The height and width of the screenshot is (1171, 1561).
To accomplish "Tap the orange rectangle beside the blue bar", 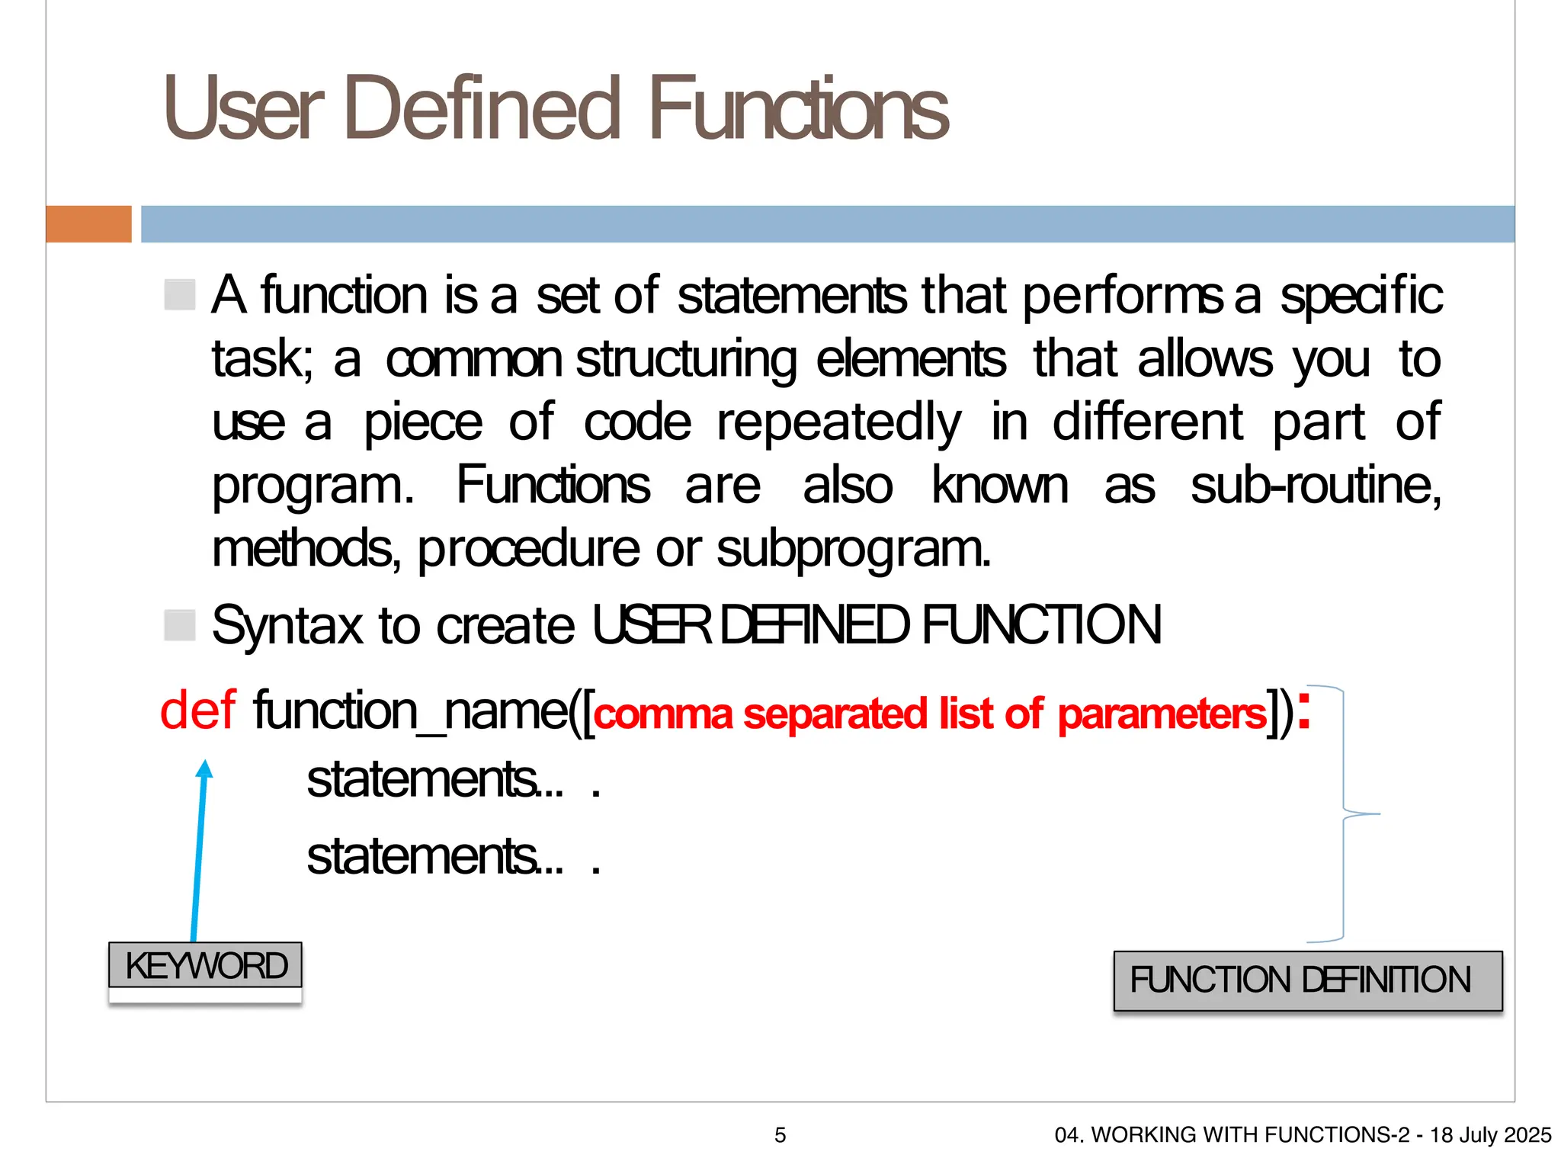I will (x=88, y=224).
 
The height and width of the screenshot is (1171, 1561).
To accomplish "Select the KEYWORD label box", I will (x=205, y=965).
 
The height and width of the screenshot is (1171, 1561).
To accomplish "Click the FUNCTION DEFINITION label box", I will (x=1307, y=980).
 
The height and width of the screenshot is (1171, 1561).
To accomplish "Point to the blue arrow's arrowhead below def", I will (x=204, y=768).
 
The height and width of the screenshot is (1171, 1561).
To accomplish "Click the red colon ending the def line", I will (x=1304, y=711).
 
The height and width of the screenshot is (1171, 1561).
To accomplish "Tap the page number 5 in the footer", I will (x=780, y=1135).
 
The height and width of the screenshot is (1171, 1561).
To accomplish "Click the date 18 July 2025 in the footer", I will (x=1490, y=1135).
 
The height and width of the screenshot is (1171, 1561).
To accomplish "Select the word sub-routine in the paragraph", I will (x=1315, y=486).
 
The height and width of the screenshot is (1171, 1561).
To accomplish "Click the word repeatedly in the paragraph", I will (x=839, y=422).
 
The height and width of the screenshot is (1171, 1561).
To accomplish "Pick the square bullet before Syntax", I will (x=180, y=625).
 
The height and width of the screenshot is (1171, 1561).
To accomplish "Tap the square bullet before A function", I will (x=180, y=294).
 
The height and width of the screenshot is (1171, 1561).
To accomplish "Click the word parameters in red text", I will (x=1162, y=715).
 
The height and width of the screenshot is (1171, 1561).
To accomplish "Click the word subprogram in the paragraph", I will (x=853, y=549).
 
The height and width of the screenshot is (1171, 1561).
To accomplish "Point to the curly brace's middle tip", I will (x=1378, y=814).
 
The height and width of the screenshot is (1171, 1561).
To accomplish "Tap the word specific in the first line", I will (x=1361, y=296).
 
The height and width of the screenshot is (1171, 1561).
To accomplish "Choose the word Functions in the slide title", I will (x=798, y=108).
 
